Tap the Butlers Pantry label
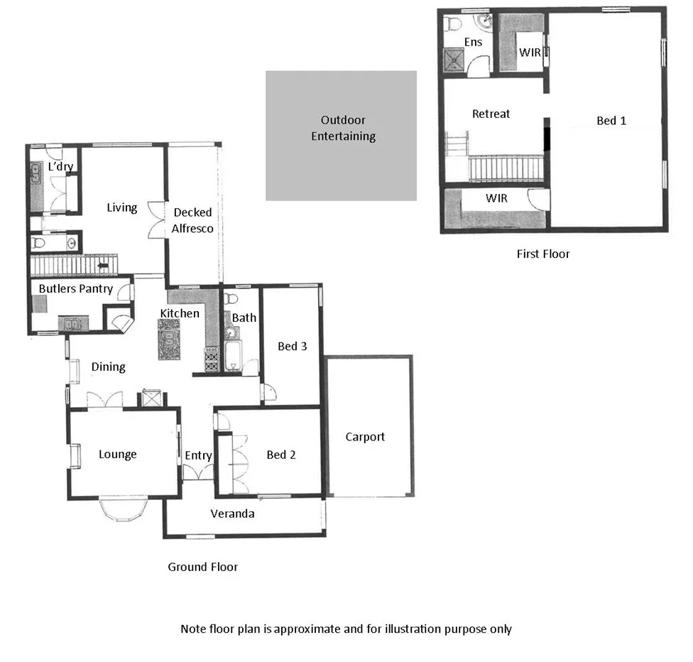click(x=75, y=289)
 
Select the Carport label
click(x=365, y=437)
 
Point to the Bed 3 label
click(x=292, y=347)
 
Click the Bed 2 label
click(x=280, y=455)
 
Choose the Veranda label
click(x=232, y=514)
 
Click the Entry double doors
click(x=197, y=472)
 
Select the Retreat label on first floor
click(x=491, y=114)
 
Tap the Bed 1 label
click(x=611, y=121)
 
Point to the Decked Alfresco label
click(x=192, y=220)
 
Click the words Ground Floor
click(x=202, y=567)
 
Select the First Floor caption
click(x=542, y=254)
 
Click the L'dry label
click(x=60, y=166)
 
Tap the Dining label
click(x=108, y=367)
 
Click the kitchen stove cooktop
click(x=211, y=359)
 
